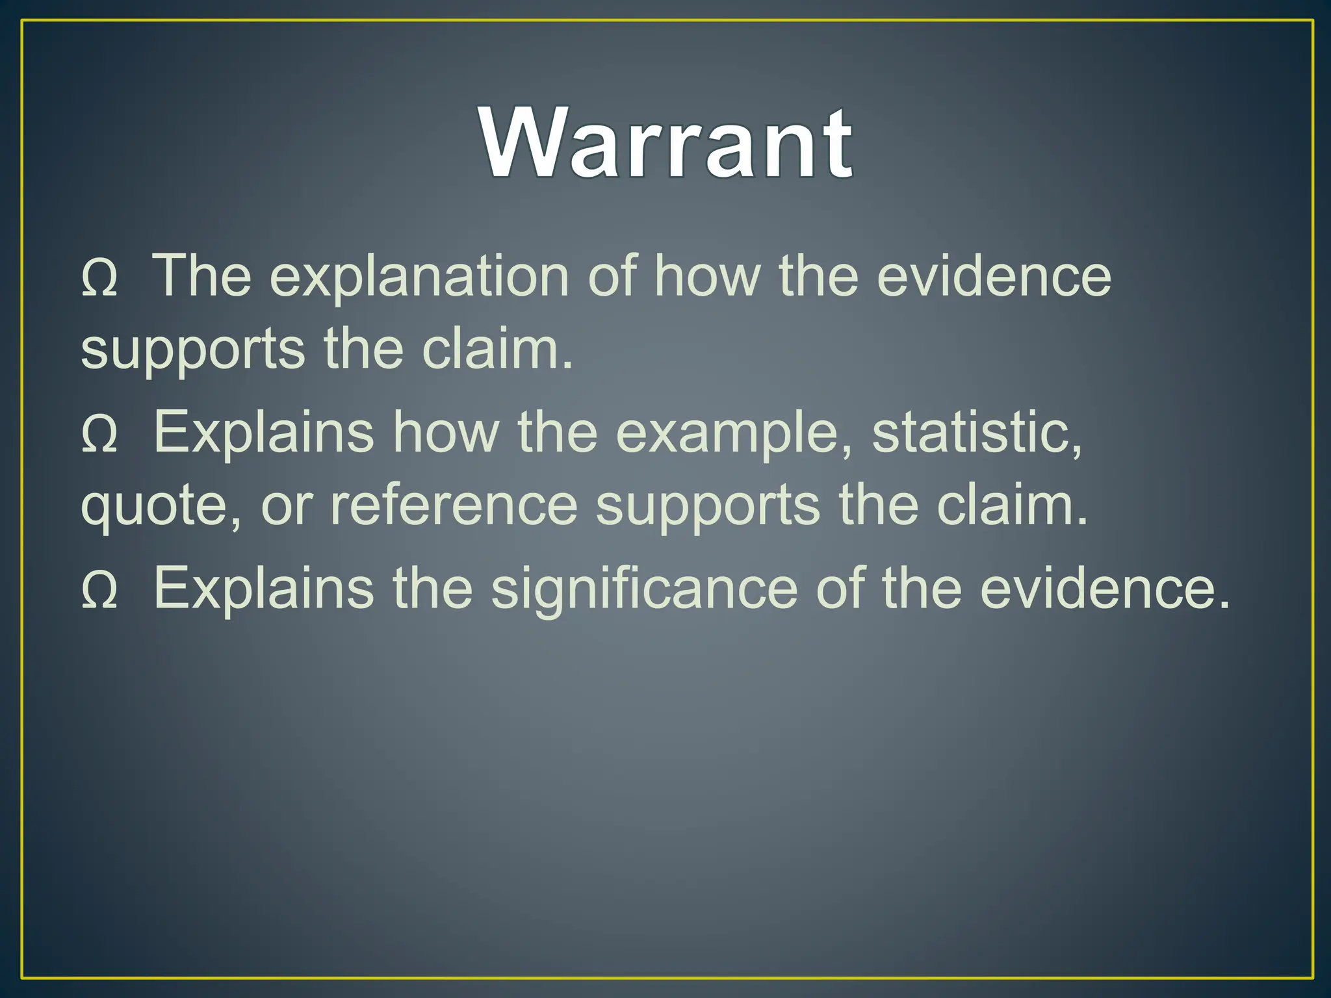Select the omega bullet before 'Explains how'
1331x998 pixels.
(x=99, y=435)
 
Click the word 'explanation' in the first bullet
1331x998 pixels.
(x=420, y=277)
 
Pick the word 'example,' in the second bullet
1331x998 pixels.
(x=734, y=433)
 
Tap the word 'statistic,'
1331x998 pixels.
(x=977, y=433)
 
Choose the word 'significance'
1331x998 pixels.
(x=643, y=589)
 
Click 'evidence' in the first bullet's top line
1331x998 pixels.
(x=994, y=277)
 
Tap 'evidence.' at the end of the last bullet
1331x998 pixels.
(x=1105, y=589)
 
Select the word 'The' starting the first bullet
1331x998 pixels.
(x=201, y=277)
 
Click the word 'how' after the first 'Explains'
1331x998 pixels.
(x=446, y=433)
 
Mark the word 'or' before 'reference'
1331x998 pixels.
(x=287, y=507)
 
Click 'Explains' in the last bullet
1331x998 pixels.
(x=263, y=589)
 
